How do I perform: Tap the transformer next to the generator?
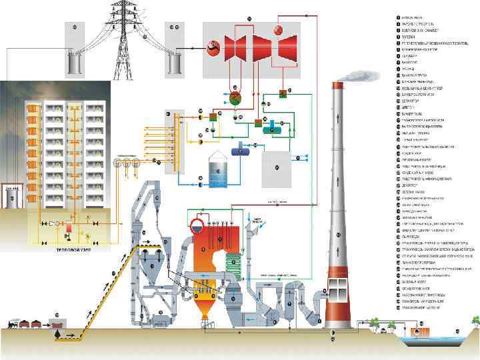coord(177,63)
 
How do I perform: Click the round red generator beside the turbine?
coord(214,47)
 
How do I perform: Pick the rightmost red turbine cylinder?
coord(287,47)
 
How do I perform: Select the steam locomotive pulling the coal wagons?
coord(11,323)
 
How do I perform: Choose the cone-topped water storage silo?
coord(218,168)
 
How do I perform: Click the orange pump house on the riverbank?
coord(420,329)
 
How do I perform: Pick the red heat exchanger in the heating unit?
coord(68,228)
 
